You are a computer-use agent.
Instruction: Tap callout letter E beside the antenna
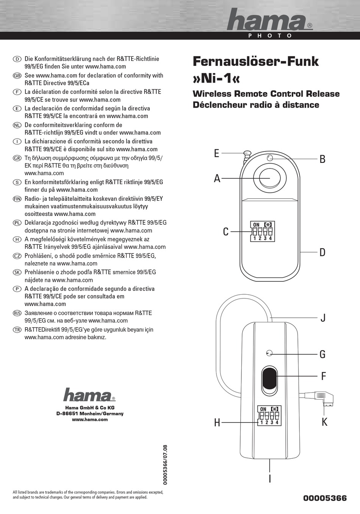(x=216, y=153)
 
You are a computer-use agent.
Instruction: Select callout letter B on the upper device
(x=322, y=159)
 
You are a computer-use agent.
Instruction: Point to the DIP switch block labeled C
(x=262, y=231)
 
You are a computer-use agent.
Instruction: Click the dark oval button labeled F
(x=269, y=381)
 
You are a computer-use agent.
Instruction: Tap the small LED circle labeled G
(x=269, y=353)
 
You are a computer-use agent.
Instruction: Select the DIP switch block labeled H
(x=269, y=416)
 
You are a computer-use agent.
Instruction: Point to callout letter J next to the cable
(x=323, y=318)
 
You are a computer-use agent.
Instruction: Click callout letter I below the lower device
(x=270, y=479)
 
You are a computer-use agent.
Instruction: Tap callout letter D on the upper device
(x=322, y=252)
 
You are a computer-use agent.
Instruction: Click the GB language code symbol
(x=17, y=76)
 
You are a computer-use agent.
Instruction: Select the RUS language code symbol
(x=17, y=313)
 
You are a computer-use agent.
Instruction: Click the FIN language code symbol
(x=17, y=199)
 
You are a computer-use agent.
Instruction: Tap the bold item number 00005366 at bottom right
(x=325, y=498)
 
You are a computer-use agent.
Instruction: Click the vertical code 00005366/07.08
(x=165, y=465)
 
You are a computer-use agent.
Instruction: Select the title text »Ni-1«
(x=216, y=78)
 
